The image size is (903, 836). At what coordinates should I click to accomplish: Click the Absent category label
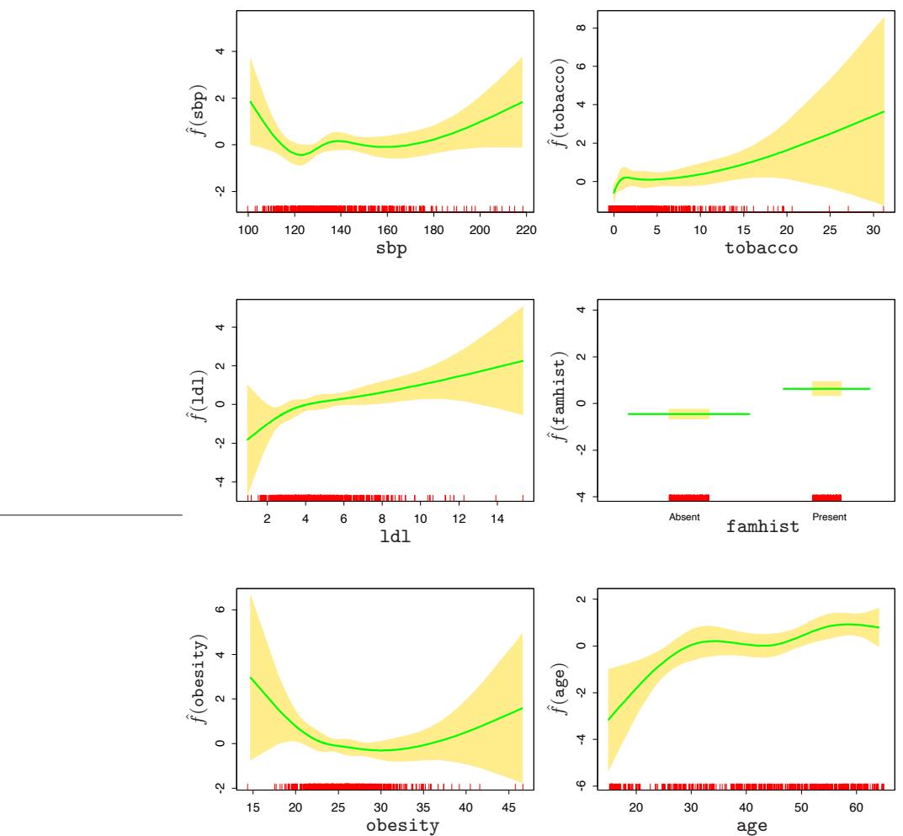point(678,517)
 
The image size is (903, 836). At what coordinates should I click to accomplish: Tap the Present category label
point(826,517)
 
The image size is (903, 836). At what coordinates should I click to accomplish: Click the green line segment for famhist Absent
point(688,413)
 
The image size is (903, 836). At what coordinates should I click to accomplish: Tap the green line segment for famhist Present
point(826,388)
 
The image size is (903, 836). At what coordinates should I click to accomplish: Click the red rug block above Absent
point(688,497)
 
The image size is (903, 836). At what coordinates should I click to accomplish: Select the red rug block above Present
point(826,497)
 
